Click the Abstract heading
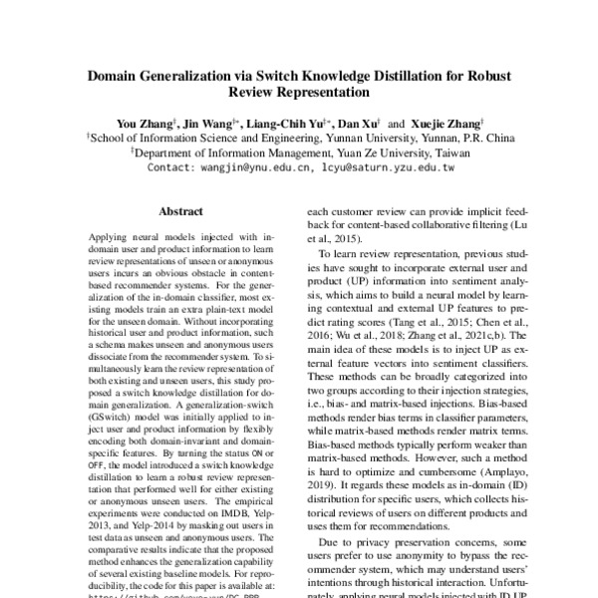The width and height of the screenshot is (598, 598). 180,211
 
